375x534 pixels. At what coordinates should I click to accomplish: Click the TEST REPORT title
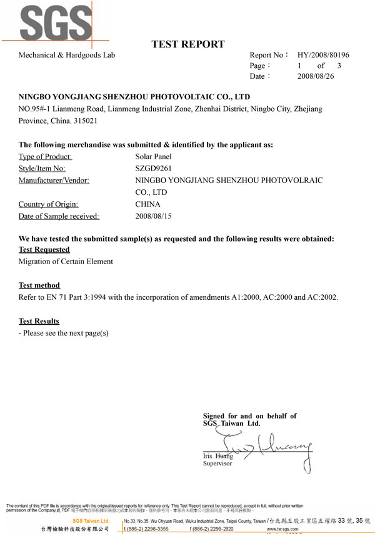187,44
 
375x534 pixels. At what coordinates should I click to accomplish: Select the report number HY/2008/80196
323,55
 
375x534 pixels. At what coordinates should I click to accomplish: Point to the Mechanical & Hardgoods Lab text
67,55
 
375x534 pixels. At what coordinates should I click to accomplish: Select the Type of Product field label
45,156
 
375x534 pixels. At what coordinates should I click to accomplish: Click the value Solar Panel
153,156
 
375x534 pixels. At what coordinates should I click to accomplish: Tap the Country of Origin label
52,204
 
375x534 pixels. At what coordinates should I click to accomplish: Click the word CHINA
147,204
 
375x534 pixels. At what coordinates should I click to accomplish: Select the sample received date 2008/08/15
153,216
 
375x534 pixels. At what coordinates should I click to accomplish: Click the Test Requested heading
44,249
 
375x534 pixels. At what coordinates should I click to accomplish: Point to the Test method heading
39,285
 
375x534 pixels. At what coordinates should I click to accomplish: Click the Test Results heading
39,321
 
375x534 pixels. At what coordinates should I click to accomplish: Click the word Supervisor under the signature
217,463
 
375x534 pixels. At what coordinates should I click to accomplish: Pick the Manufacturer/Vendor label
54,180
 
